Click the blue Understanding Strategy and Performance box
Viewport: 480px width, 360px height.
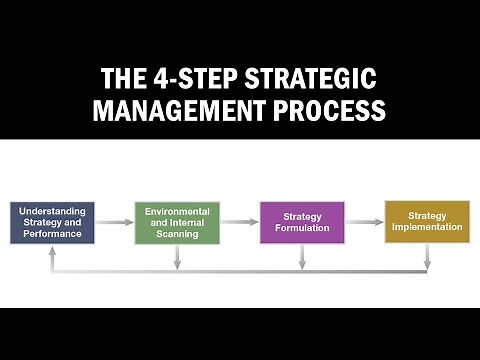coord(52,223)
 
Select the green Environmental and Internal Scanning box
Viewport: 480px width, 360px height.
coord(177,223)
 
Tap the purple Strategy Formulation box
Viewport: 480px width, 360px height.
coord(302,223)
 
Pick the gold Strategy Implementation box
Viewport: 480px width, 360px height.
coord(427,221)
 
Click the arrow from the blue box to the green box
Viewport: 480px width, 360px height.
coord(114,223)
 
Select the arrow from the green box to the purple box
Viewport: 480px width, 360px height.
coord(239,223)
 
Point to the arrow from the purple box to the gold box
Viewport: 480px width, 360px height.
coord(364,221)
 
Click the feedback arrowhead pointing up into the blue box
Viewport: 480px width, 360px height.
coord(52,252)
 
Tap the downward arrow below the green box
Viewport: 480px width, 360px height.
coord(177,257)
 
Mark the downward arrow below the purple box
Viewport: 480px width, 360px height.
coord(302,257)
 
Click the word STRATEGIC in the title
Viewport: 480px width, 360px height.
coord(322,78)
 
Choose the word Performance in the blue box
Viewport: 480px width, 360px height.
coord(52,234)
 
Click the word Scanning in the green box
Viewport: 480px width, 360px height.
coord(177,234)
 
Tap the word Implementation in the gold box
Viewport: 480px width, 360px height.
coord(427,227)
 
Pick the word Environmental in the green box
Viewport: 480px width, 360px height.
coord(177,212)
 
